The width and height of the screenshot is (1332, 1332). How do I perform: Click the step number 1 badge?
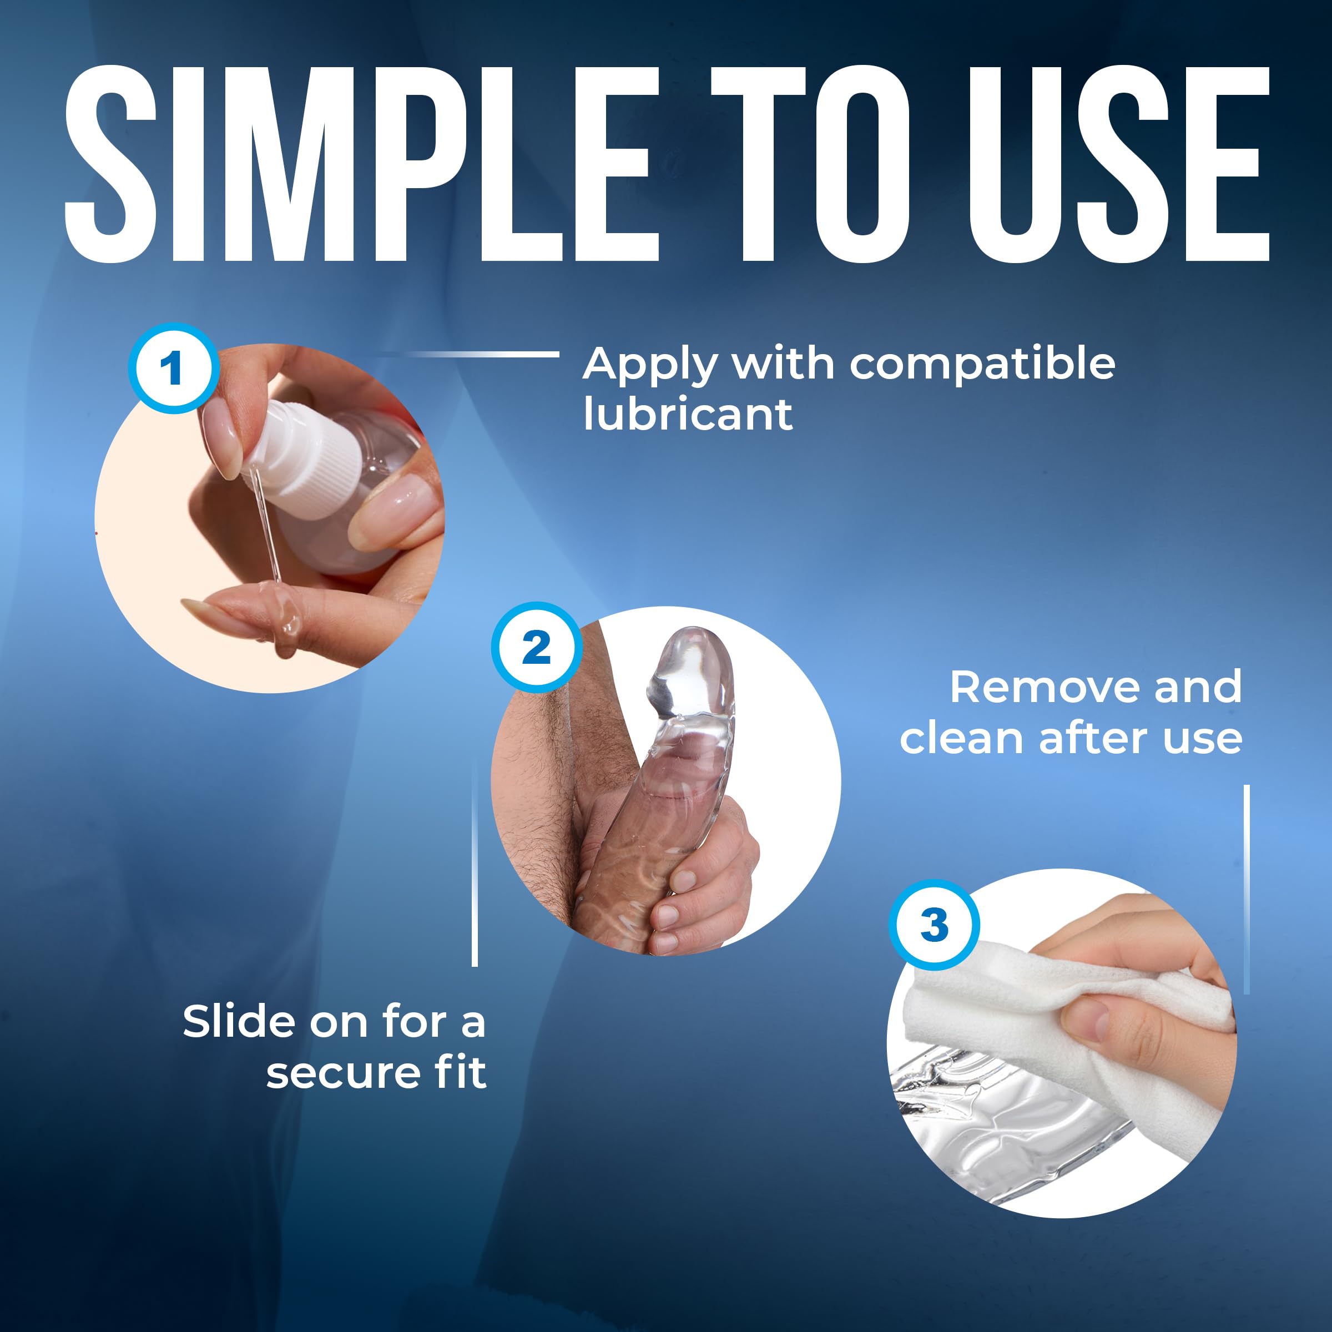coord(174,368)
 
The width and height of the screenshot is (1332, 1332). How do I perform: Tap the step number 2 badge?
coord(536,647)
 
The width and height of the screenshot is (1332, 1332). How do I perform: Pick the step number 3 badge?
coord(934,925)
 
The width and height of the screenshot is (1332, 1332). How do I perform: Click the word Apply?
coord(649,367)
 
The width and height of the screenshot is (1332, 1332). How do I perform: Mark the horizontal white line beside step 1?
coord(476,355)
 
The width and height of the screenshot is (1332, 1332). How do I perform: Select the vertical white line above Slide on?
coord(475,862)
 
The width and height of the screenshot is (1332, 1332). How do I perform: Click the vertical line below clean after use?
coord(1247,889)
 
